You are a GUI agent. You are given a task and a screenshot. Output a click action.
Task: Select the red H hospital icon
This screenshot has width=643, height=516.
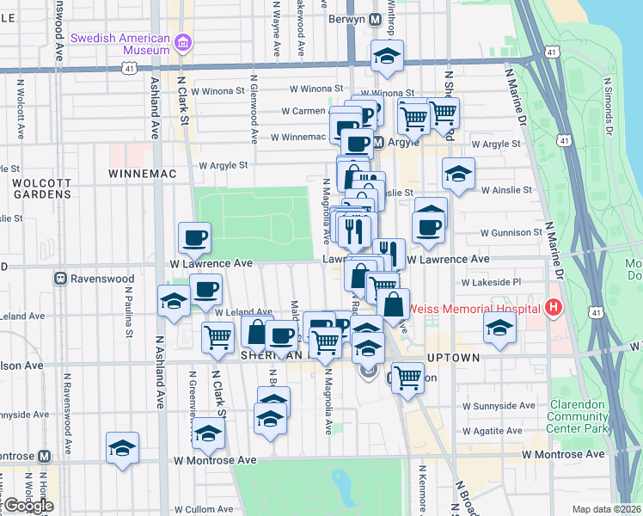pyautogui.click(x=554, y=307)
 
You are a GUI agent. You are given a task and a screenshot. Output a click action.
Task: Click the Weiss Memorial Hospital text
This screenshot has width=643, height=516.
pyautogui.click(x=475, y=308)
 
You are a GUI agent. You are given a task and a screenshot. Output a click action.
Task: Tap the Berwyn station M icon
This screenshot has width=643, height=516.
pyautogui.click(x=375, y=19)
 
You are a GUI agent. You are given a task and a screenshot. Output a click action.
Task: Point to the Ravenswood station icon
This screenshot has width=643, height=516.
pyautogui.click(x=61, y=279)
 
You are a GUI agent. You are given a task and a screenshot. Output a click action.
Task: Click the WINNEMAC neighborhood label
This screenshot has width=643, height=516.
pyautogui.click(x=143, y=174)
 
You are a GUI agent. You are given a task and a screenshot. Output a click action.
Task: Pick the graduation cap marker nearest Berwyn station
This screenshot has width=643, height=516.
pyautogui.click(x=387, y=56)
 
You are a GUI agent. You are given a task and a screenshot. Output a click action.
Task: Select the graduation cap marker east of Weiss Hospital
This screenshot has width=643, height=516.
pyautogui.click(x=499, y=327)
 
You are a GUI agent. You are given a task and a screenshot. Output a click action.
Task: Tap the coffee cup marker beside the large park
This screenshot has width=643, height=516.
pyautogui.click(x=194, y=237)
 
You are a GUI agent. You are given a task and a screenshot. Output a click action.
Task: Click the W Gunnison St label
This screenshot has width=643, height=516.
pyautogui.click(x=511, y=232)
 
